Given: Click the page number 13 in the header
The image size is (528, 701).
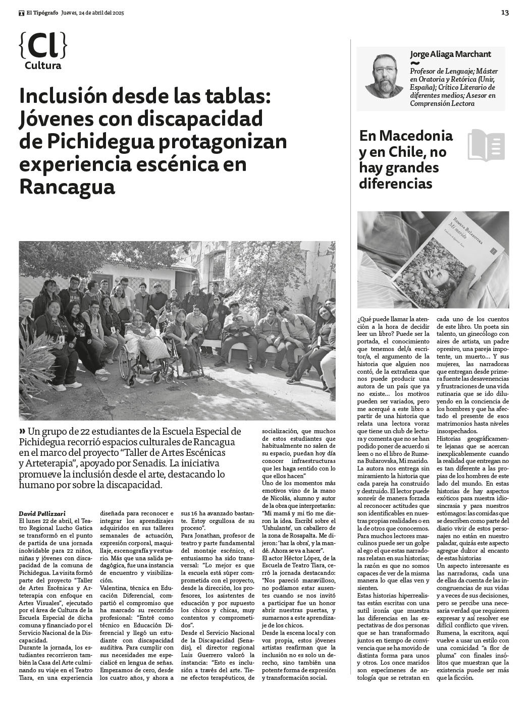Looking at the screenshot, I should pos(505,13).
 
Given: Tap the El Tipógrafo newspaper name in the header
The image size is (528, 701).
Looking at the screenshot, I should pos(42,13).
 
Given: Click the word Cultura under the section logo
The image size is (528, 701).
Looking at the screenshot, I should pos(43,66).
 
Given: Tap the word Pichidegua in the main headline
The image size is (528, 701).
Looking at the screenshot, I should pos(100,142).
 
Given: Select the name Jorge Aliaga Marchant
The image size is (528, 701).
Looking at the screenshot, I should pos(450,54).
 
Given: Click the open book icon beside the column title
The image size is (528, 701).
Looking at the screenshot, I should pos(486,145).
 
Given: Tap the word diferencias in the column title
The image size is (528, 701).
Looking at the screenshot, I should pos(396,183).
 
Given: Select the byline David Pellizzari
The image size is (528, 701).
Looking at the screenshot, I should pos(42,513).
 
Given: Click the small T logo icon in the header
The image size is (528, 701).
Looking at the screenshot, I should pos(21,13).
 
